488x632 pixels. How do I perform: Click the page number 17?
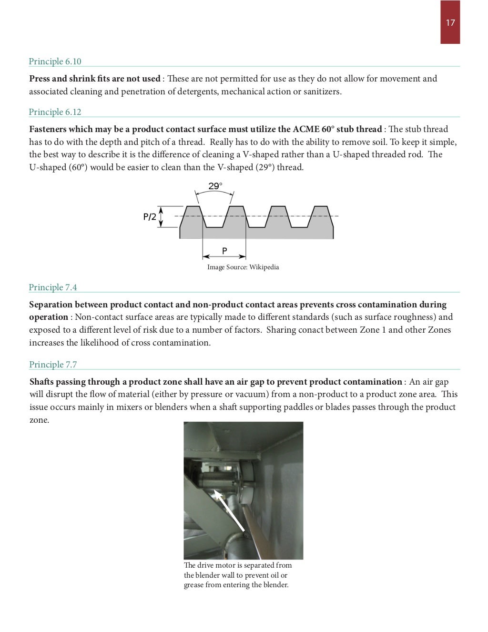(450, 22)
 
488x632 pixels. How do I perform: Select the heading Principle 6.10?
(55, 61)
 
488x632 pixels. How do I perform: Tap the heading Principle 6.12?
(55, 112)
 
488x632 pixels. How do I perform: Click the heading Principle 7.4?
(52, 287)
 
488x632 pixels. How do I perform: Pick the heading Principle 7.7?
(52, 365)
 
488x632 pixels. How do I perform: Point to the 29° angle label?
(215, 186)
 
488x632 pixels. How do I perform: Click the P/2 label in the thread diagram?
(150, 217)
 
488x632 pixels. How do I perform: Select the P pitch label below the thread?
(224, 251)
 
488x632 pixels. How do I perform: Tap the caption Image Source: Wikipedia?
(243, 267)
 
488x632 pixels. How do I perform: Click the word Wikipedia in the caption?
(264, 267)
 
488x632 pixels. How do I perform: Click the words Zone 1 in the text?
(373, 330)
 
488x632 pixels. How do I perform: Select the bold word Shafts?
(41, 382)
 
